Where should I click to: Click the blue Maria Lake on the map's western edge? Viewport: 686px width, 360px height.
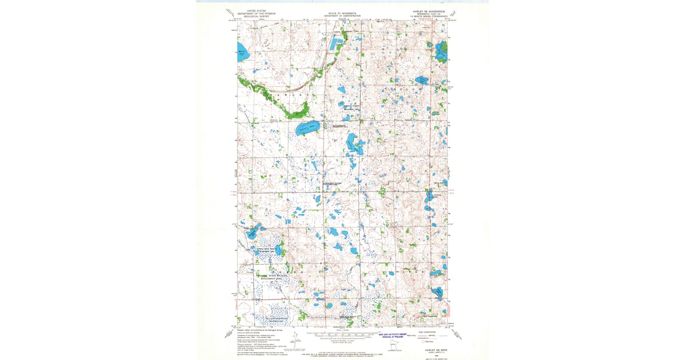(241, 55)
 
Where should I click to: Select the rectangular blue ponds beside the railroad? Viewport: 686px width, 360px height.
(335, 43)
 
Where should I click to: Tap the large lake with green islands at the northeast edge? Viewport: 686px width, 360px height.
(441, 52)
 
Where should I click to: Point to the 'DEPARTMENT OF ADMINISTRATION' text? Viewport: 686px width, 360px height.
(342, 17)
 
